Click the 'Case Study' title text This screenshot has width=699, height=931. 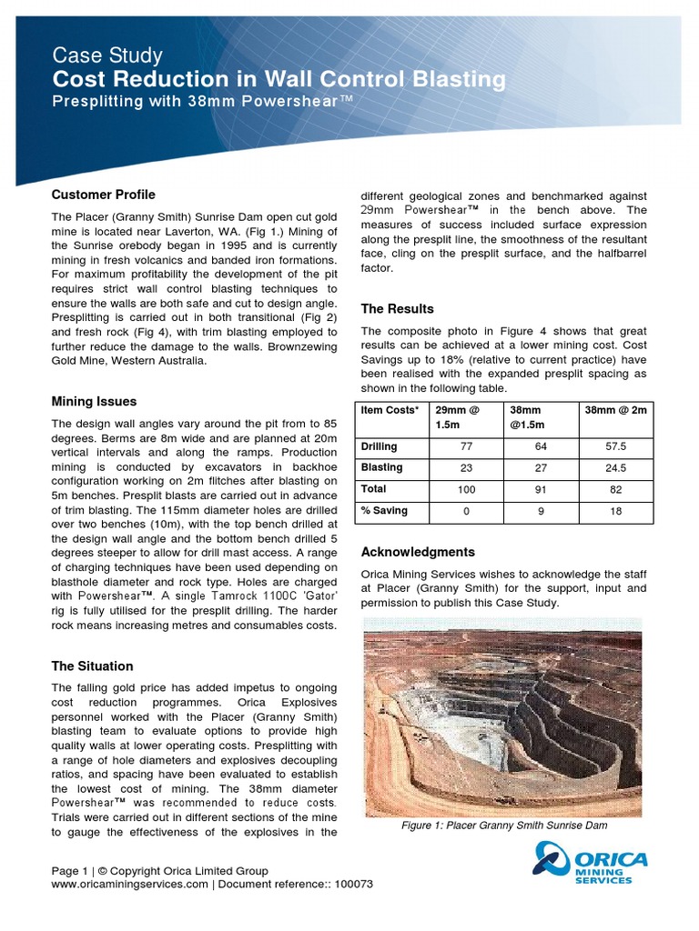(x=106, y=55)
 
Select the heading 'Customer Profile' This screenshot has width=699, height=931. (x=103, y=195)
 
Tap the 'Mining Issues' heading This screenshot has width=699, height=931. (x=94, y=401)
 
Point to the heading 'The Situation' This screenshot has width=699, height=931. (x=92, y=666)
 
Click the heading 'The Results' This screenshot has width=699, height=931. (x=397, y=309)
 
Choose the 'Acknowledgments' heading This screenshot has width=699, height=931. (x=418, y=552)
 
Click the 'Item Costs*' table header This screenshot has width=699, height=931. (x=390, y=410)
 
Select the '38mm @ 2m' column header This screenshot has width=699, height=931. (x=615, y=410)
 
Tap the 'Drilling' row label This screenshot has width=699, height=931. (x=379, y=446)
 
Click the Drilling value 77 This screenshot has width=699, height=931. (x=466, y=446)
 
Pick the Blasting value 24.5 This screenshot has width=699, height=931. (x=615, y=467)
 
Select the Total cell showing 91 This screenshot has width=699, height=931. (x=541, y=489)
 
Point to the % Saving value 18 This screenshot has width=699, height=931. (x=615, y=511)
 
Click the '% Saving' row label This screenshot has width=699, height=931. (x=384, y=511)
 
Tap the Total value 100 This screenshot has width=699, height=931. (x=466, y=489)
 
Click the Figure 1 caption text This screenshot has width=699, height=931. (x=503, y=826)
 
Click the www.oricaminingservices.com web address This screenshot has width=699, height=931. (x=130, y=885)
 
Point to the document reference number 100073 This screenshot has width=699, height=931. (x=353, y=885)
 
